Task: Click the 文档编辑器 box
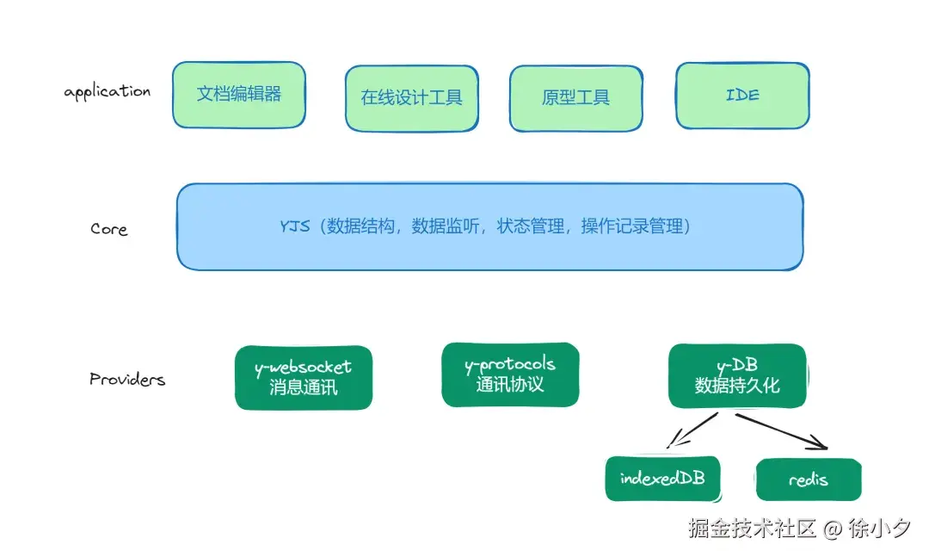click(x=239, y=95)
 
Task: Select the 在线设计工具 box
click(x=411, y=97)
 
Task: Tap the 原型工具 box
click(x=575, y=97)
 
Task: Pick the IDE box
click(x=742, y=95)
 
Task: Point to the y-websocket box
click(x=304, y=377)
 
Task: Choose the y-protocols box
click(x=510, y=374)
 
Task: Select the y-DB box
click(x=737, y=375)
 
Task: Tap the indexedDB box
click(x=661, y=479)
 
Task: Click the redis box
click(x=808, y=480)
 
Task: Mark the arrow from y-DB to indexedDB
click(x=692, y=430)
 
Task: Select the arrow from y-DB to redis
click(x=780, y=431)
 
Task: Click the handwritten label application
click(x=108, y=92)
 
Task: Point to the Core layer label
click(x=109, y=229)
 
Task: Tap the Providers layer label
click(x=127, y=379)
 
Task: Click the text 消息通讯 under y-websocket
click(x=304, y=387)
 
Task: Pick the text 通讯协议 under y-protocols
click(x=510, y=384)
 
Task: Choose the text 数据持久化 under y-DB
click(x=737, y=386)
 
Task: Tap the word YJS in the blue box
click(x=294, y=227)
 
